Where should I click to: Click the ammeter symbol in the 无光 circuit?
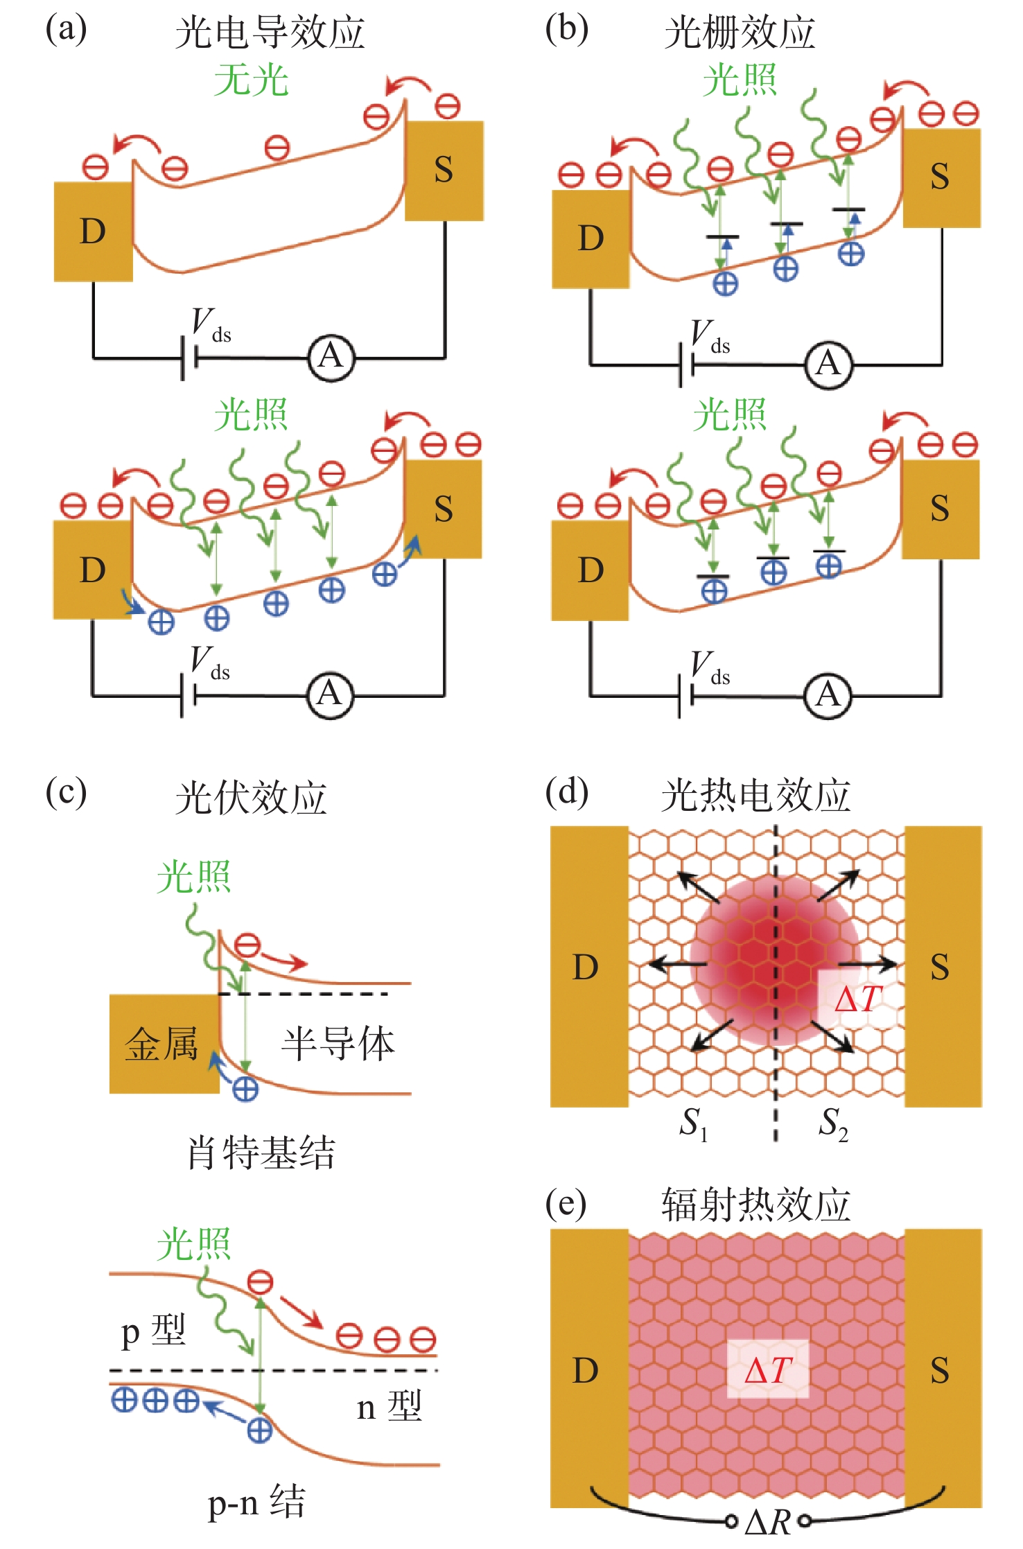[330, 358]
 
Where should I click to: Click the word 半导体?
[338, 1044]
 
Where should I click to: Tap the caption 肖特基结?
[261, 1153]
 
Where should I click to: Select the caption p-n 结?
[256, 1502]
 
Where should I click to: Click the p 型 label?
[153, 1331]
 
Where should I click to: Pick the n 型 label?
[389, 1406]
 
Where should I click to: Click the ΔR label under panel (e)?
[768, 1522]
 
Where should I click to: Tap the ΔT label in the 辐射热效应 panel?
[767, 1369]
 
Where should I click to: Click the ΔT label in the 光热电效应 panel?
[857, 999]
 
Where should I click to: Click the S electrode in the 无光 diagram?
[444, 170]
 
